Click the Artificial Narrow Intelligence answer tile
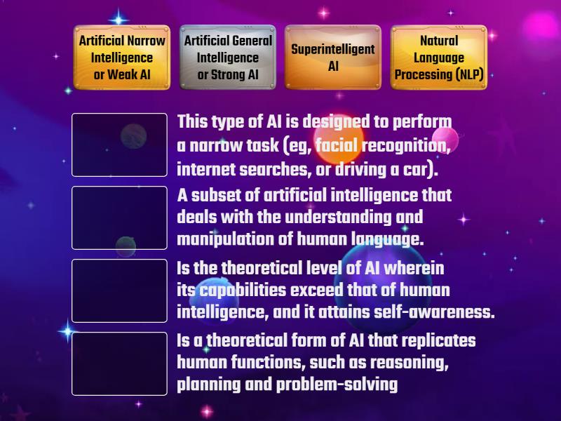122,58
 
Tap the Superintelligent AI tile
332,58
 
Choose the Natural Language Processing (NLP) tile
438,58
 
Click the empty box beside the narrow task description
119,145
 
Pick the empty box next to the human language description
119,218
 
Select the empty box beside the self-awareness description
119,290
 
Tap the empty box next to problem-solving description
119,363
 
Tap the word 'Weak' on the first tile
124,75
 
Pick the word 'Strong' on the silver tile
227,75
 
